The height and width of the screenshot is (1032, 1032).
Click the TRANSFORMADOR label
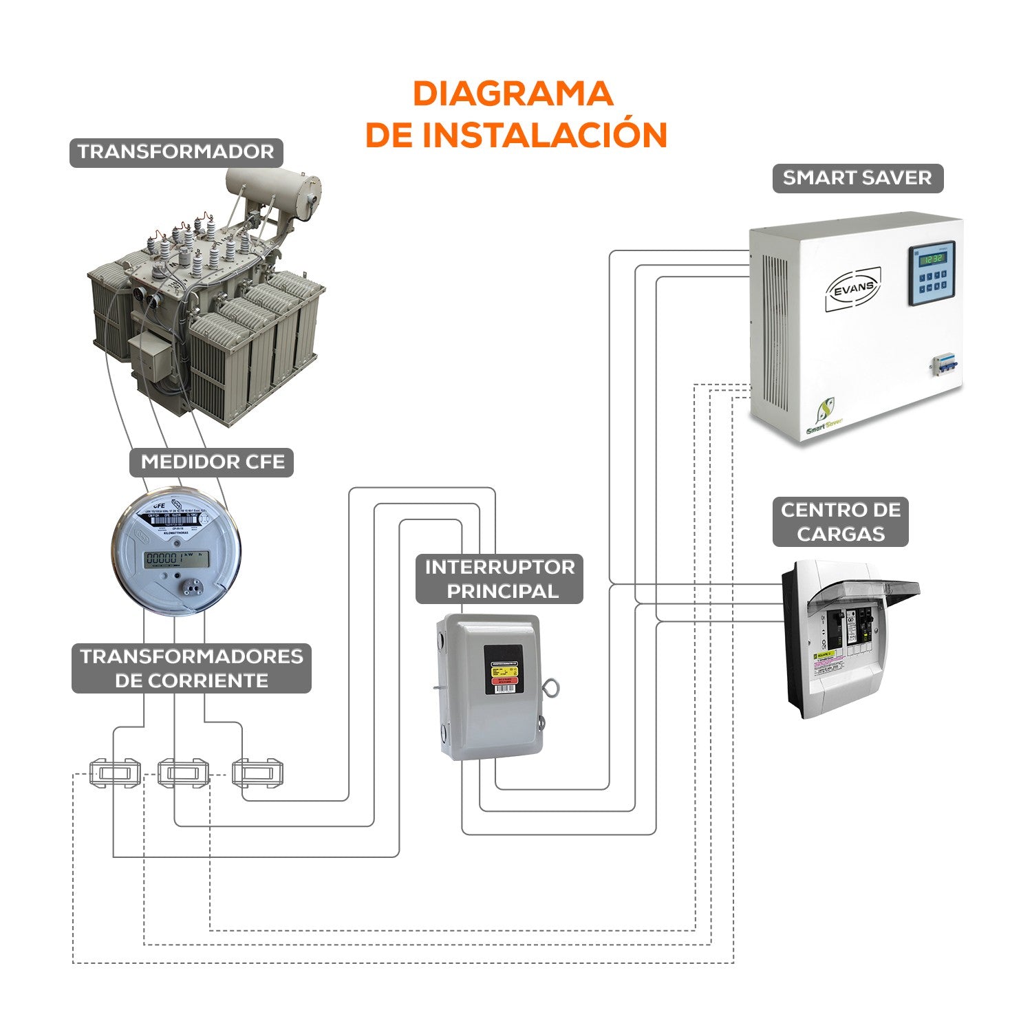[x=176, y=152]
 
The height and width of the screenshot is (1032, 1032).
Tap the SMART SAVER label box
[x=857, y=178]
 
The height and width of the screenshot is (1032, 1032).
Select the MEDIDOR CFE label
[x=212, y=462]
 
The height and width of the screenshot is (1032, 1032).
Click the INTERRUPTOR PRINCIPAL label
[x=499, y=579]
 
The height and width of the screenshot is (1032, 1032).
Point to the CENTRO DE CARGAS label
[x=840, y=522]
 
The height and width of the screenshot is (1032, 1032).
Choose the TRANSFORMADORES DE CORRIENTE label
[x=191, y=668]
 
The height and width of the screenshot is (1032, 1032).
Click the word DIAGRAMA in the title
[x=513, y=94]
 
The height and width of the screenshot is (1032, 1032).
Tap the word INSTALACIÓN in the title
[x=544, y=135]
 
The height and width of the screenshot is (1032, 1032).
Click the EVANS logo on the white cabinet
[x=853, y=290]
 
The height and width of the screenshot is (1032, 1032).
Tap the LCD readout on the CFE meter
[x=177, y=559]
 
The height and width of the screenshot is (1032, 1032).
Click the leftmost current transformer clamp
[x=115, y=773]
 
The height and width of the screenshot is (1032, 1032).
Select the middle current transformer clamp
[x=182, y=773]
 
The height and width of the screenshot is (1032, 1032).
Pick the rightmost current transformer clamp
[x=258, y=773]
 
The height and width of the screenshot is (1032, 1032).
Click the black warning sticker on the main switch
[x=503, y=669]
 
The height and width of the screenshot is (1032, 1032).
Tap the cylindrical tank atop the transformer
[x=273, y=184]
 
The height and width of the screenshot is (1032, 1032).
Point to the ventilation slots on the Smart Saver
[x=775, y=330]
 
